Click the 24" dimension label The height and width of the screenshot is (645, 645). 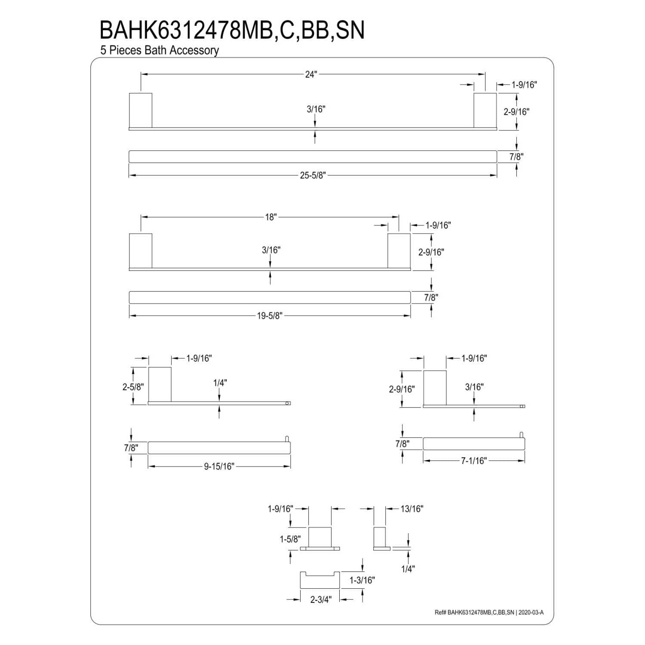pos(311,74)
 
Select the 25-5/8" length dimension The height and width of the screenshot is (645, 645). pos(313,175)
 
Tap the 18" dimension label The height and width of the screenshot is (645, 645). pos(270,217)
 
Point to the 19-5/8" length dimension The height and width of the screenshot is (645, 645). pos(270,316)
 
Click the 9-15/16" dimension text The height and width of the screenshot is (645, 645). pos(219,467)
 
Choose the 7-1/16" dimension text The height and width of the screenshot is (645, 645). pos(474,461)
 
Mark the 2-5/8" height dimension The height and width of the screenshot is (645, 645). pos(133,387)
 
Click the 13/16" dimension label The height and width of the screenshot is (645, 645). pos(412,509)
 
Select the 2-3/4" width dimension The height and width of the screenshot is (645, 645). pos(321,599)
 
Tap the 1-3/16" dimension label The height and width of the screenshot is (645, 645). pos(362,580)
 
